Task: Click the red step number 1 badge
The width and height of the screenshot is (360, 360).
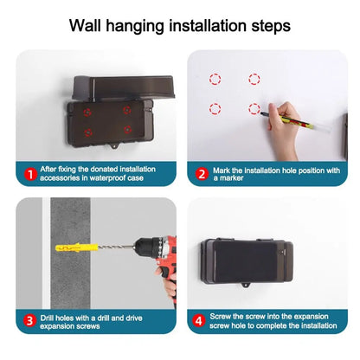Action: pyautogui.click(x=29, y=174)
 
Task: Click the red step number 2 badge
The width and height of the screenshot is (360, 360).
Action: pyautogui.click(x=201, y=174)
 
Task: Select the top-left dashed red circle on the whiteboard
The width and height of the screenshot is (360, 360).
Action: pyautogui.click(x=215, y=79)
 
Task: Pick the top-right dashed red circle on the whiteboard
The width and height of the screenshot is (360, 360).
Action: pyautogui.click(x=254, y=79)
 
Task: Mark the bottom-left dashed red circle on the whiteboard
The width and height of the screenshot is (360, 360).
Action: pyautogui.click(x=215, y=109)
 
